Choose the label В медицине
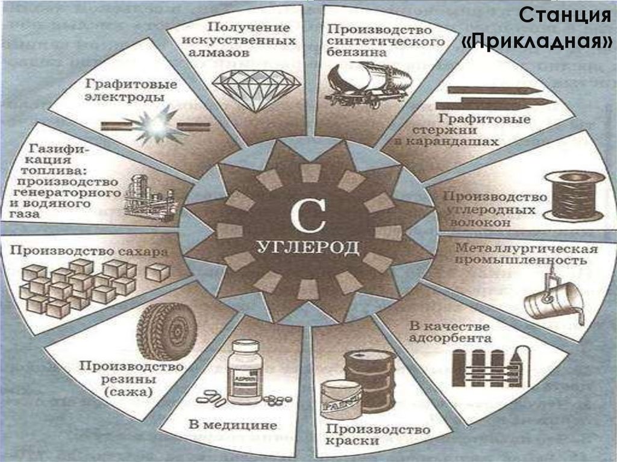233,425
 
